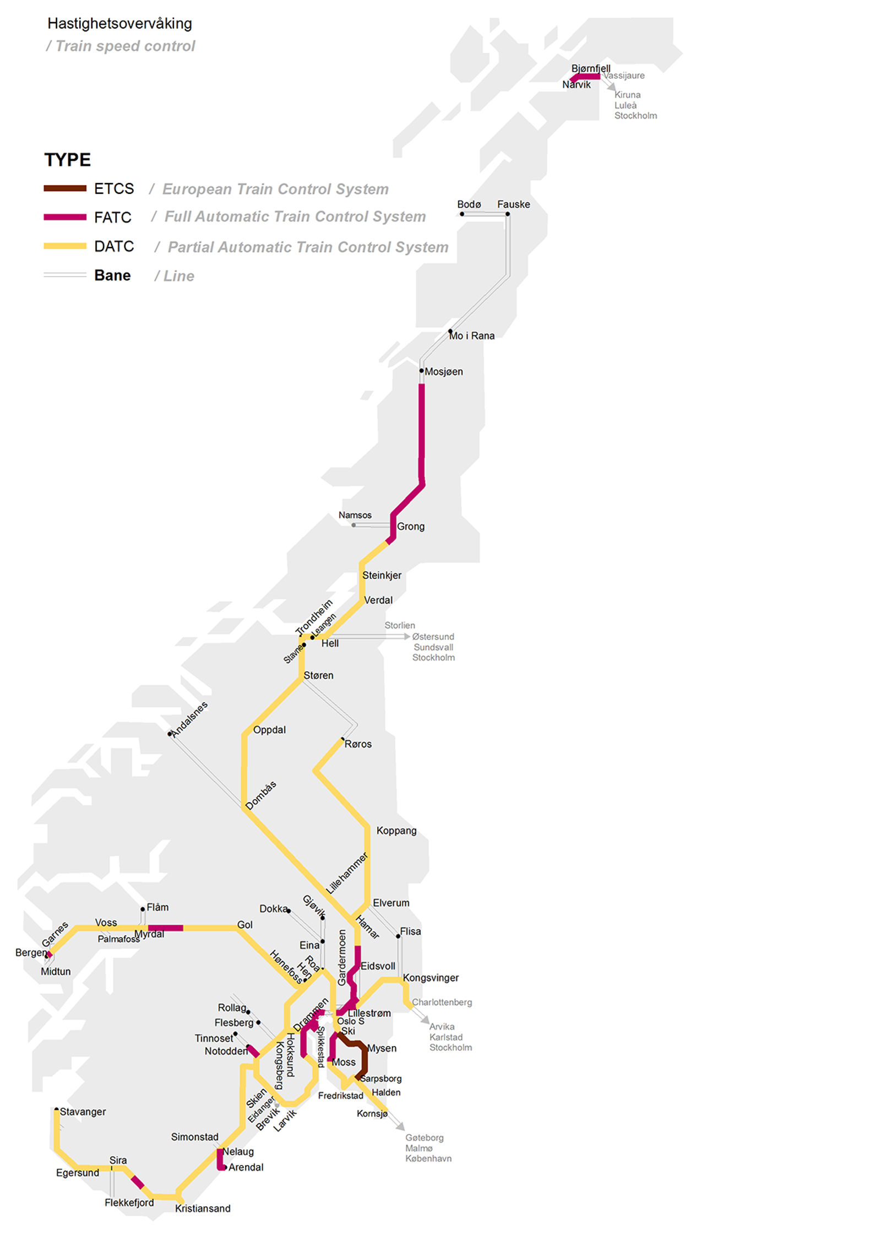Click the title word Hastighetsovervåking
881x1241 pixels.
click(119, 24)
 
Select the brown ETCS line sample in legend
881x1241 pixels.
click(65, 188)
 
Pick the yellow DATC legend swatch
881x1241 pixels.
click(65, 246)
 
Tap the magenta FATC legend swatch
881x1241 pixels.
click(65, 217)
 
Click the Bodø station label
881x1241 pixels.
click(469, 204)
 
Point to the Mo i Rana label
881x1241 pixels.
click(471, 336)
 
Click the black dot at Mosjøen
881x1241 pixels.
click(422, 371)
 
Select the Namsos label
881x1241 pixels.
click(355, 515)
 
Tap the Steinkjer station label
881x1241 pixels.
click(382, 575)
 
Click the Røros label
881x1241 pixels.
click(358, 744)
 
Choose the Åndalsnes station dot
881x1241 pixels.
click(170, 734)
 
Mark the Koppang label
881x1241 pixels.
click(396, 831)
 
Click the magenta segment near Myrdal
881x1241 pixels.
click(165, 928)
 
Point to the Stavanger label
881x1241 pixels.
click(83, 1112)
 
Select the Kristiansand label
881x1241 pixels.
click(203, 1209)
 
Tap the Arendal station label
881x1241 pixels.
click(246, 1167)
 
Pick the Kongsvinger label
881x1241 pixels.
click(431, 978)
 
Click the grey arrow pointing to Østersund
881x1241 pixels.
click(406, 636)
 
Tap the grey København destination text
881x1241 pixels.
click(428, 1158)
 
